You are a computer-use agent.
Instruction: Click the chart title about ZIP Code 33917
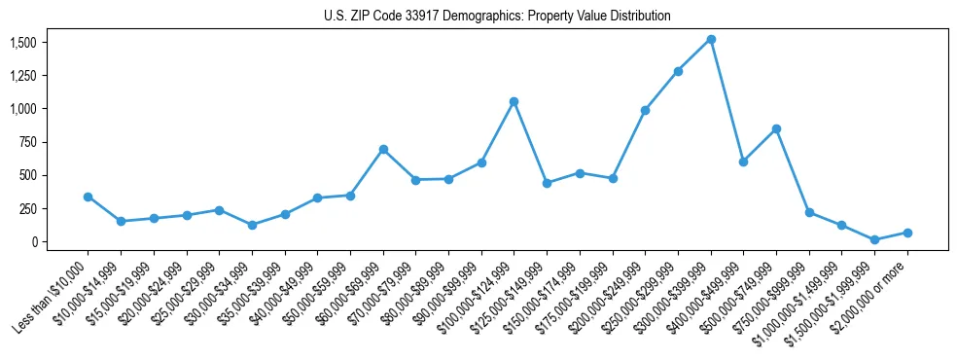[497, 17]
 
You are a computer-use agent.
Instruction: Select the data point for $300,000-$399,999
[711, 40]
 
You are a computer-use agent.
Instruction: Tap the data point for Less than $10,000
[88, 197]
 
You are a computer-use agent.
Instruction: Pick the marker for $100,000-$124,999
[514, 101]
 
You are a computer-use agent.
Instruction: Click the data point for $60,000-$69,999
[383, 149]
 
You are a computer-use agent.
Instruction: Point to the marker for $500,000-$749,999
[776, 128]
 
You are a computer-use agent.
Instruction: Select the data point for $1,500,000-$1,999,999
[874, 239]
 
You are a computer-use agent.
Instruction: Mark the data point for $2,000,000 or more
[907, 233]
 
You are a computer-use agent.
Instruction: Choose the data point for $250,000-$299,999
[678, 71]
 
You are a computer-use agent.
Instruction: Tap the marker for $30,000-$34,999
[252, 225]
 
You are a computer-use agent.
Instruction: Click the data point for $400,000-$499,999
[743, 162]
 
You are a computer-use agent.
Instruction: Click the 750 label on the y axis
[27, 142]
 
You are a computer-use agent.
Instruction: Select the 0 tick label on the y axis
[33, 241]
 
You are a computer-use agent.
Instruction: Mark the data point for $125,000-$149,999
[547, 183]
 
